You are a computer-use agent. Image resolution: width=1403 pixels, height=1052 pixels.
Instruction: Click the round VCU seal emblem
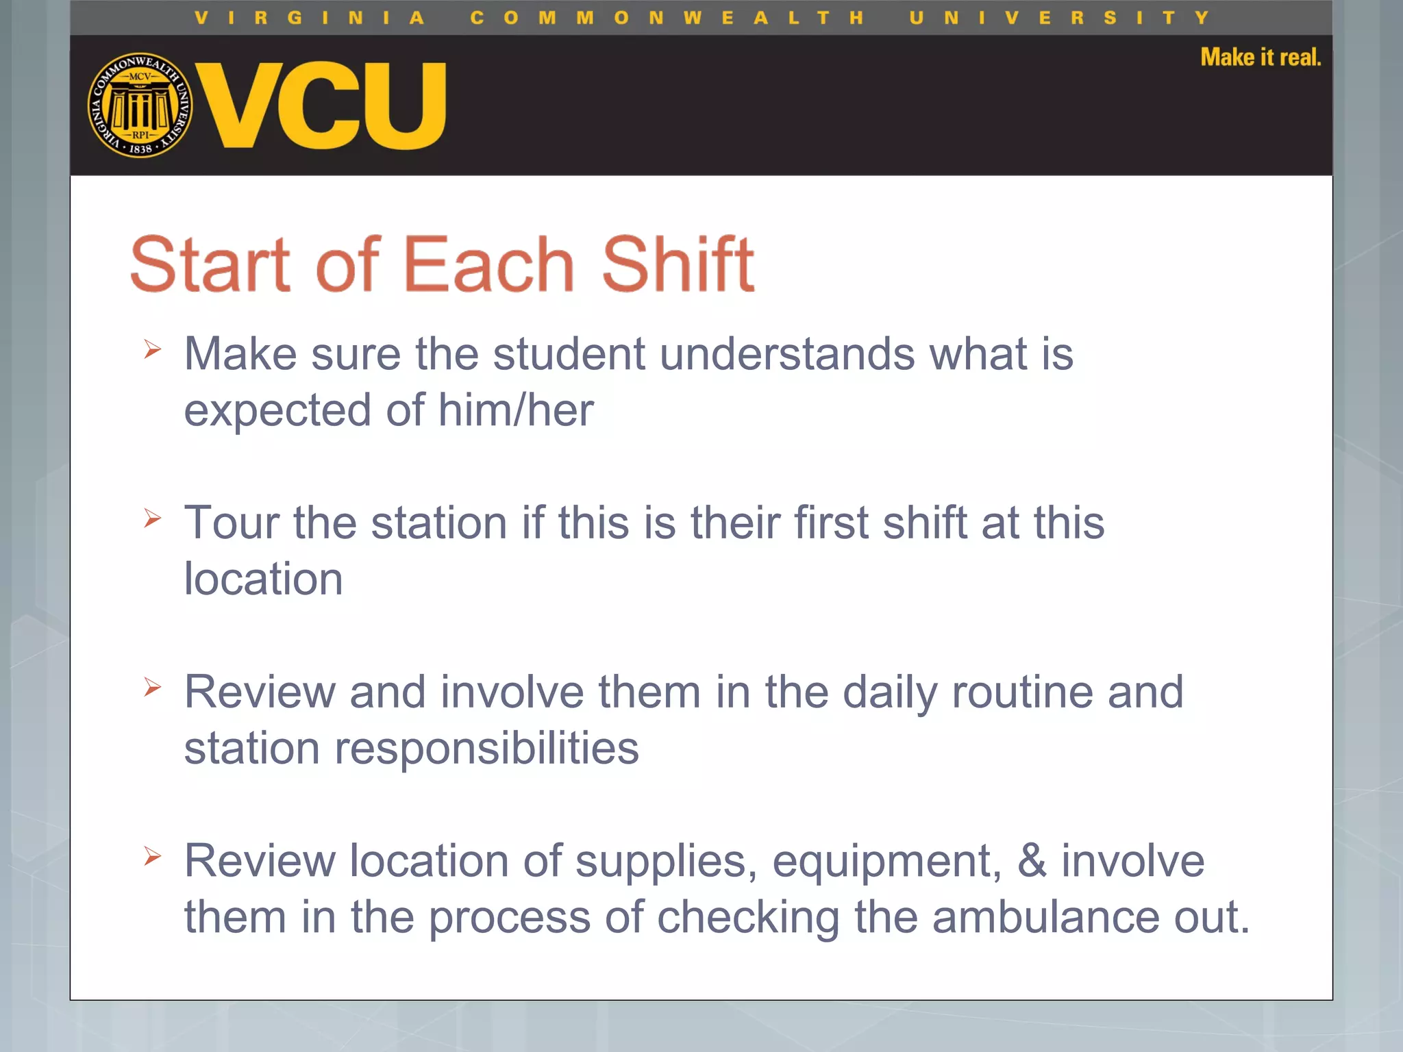(x=140, y=105)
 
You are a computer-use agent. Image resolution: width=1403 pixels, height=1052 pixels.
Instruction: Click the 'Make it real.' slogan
(x=1261, y=58)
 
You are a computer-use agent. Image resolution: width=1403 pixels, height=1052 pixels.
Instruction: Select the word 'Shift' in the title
(x=678, y=264)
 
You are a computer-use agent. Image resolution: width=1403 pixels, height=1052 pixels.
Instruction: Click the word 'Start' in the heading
(x=210, y=264)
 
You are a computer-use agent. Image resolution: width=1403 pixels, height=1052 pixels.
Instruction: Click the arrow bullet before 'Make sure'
(x=152, y=349)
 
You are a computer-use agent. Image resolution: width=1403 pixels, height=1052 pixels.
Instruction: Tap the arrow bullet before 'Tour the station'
(x=152, y=518)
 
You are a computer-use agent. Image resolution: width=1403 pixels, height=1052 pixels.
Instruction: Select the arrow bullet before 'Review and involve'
(x=152, y=687)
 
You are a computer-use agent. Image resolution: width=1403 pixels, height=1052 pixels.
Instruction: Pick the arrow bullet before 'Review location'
(x=152, y=856)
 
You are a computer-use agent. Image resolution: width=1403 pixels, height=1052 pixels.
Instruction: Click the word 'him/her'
(x=516, y=410)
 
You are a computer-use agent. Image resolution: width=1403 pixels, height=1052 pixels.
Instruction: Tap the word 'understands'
(x=787, y=354)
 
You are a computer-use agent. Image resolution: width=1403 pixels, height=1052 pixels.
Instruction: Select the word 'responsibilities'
(x=486, y=748)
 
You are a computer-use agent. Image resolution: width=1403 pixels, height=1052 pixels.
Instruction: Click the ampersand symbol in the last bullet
(x=1032, y=861)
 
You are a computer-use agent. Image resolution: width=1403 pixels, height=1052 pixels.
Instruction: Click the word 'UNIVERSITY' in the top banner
(x=1059, y=18)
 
